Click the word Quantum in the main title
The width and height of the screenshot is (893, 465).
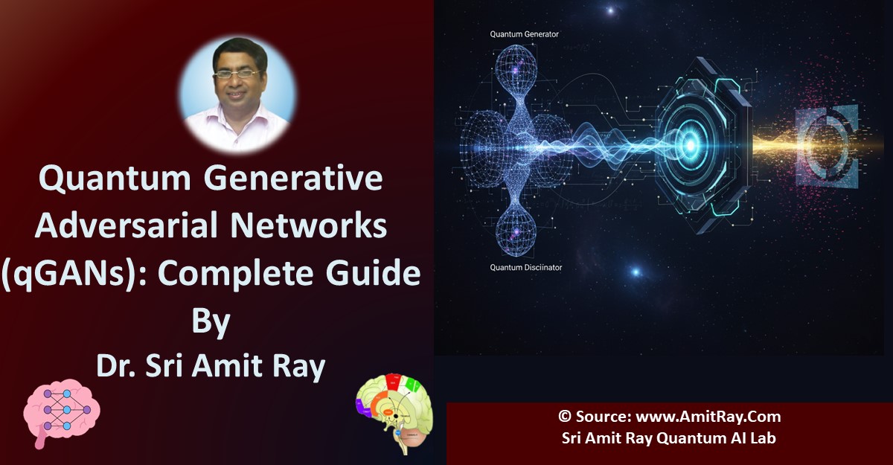pos(115,179)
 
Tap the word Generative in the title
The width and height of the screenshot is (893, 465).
pos(293,178)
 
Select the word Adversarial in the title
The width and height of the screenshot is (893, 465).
pos(126,225)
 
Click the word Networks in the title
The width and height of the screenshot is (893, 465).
pos(309,225)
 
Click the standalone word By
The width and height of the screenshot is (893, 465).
pos(211,322)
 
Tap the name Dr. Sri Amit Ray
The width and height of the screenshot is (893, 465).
pos(211,367)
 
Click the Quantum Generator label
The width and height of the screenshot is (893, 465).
pos(524,34)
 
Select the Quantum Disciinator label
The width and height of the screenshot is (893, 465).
pos(526,267)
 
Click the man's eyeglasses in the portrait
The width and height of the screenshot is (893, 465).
pos(237,74)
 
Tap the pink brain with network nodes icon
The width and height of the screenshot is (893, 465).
pos(60,412)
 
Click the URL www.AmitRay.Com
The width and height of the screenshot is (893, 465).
pos(708,417)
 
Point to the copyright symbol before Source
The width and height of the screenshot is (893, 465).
pos(565,417)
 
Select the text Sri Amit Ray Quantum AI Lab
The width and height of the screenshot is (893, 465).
pos(668,438)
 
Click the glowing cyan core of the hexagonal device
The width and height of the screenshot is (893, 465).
pos(691,145)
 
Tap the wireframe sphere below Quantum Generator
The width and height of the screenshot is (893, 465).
pos(516,65)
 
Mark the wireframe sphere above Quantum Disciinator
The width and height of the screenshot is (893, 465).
pos(516,233)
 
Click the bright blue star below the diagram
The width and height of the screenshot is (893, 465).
pos(636,272)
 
